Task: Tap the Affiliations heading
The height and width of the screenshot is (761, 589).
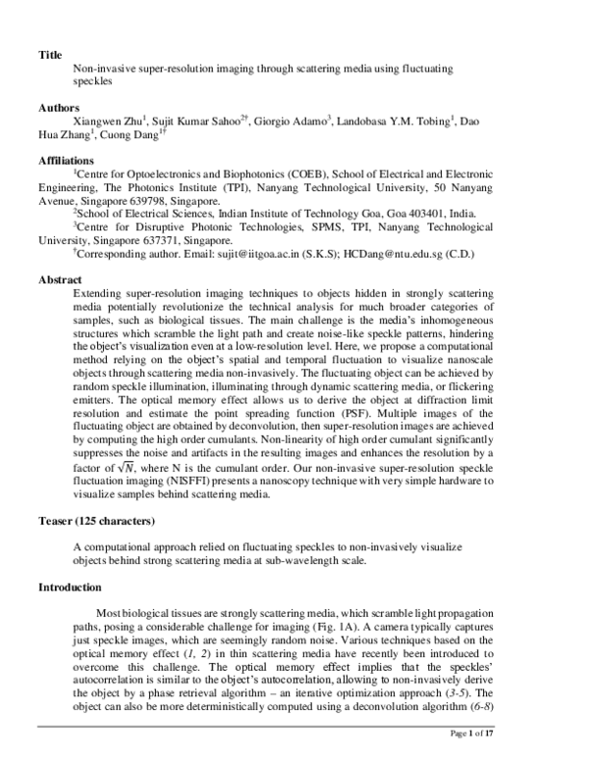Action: (67, 159)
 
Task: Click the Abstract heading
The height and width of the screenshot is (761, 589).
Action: (60, 279)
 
